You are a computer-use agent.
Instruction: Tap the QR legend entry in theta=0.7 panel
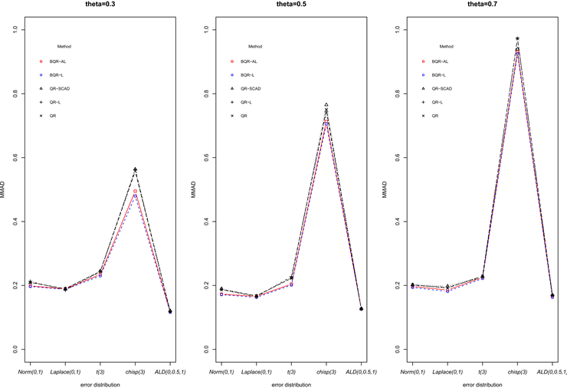point(435,116)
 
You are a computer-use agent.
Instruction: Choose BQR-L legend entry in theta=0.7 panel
point(440,74)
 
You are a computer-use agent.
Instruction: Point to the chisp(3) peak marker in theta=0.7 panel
point(517,38)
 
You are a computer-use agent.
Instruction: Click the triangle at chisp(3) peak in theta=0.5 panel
point(326,104)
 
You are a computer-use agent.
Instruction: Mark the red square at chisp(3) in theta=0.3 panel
point(135,191)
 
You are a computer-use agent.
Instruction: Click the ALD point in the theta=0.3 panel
point(169,311)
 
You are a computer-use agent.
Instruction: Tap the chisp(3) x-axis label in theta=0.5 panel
point(326,372)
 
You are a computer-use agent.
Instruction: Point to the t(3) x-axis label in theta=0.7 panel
point(483,372)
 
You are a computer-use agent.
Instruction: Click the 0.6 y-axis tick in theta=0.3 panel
point(14,158)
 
